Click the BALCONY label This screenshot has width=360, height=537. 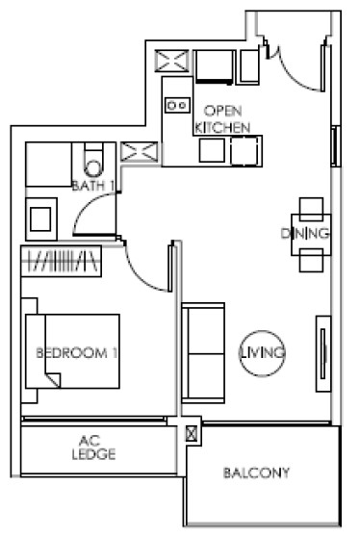click(x=256, y=473)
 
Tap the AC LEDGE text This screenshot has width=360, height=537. click(x=93, y=447)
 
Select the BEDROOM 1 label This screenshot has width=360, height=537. click(x=76, y=353)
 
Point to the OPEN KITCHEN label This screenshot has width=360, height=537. click(x=222, y=119)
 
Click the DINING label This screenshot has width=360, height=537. click(x=305, y=234)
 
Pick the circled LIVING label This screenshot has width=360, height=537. click(x=262, y=353)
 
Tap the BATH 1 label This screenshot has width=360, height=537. click(x=92, y=186)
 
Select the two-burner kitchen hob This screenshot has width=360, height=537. click(x=177, y=105)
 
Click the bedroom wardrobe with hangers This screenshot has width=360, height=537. click(x=61, y=261)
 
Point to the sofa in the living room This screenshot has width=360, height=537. click(x=203, y=353)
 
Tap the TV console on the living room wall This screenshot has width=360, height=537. click(x=323, y=353)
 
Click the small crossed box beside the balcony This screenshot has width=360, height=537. click(x=192, y=434)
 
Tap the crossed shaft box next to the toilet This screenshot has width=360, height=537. click(x=140, y=152)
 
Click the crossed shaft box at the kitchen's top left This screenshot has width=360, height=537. click(x=171, y=61)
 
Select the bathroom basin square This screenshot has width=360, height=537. click(x=40, y=218)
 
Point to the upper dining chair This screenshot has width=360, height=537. click(x=311, y=209)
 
